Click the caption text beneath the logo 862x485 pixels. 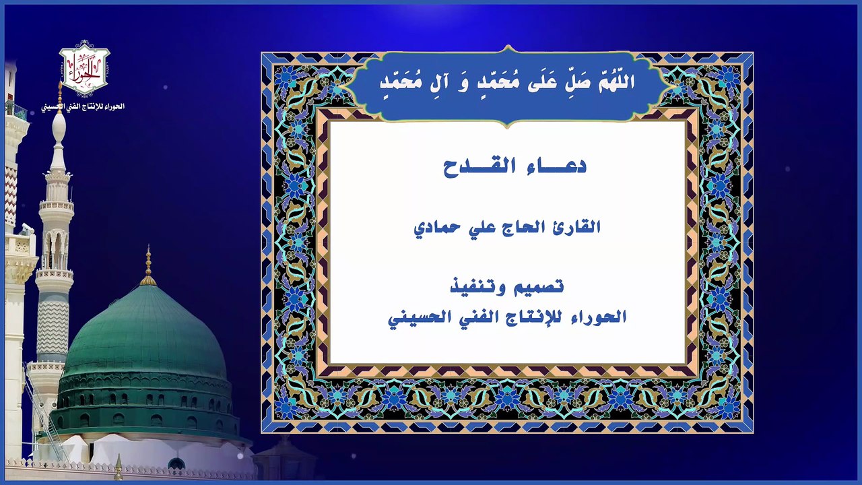click(84, 106)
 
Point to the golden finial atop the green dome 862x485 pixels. click(148, 267)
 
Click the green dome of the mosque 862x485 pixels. click(145, 333)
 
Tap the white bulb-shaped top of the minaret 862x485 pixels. click(59, 127)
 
